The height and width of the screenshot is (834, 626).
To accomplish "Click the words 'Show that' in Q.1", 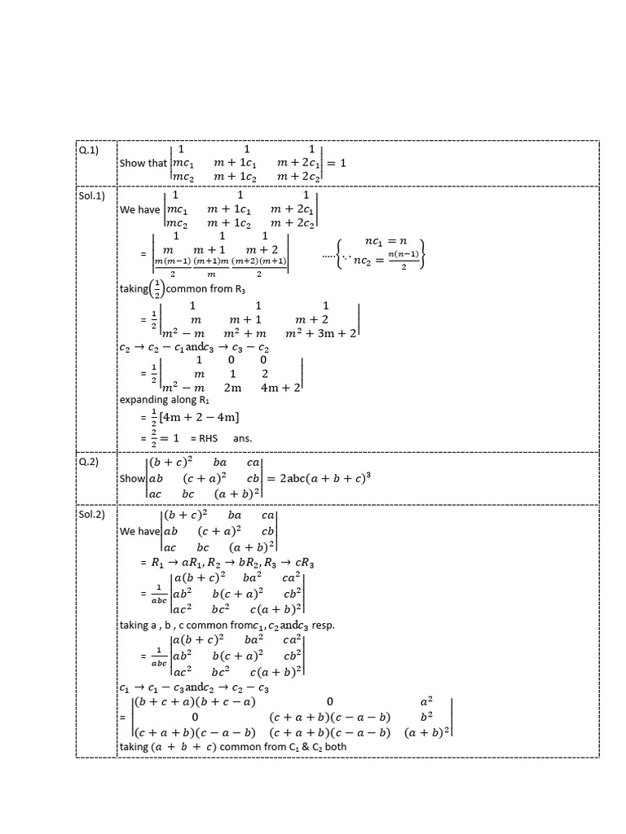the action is (x=143, y=163).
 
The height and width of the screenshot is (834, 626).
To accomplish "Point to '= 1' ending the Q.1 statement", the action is (x=336, y=163).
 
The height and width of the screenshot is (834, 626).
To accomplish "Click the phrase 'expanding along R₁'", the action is (x=157, y=400).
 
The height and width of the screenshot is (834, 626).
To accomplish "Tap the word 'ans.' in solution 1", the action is (x=242, y=438).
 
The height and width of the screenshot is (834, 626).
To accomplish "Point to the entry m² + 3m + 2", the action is (x=322, y=333).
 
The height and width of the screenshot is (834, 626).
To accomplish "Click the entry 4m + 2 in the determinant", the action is (x=280, y=388).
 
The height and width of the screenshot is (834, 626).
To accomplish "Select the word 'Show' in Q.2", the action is (x=131, y=478).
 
